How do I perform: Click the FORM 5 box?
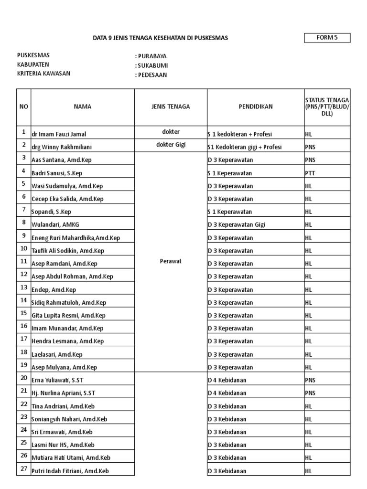coord(327,38)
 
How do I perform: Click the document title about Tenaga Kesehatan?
coord(160,38)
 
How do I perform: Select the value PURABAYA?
coord(152,56)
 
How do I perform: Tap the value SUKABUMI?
coord(152,65)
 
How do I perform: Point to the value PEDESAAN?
coord(152,75)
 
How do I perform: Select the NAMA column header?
coord(83,107)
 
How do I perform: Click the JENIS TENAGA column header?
coord(171,107)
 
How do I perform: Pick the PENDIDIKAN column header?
coord(256,107)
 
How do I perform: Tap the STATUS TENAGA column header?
coord(327,107)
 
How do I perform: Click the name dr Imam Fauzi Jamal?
coord(59,134)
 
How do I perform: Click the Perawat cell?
coord(171,261)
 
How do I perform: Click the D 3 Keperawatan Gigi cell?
coord(237,225)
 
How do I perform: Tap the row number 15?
coord(23,313)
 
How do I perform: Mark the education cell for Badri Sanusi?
coord(230,173)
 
